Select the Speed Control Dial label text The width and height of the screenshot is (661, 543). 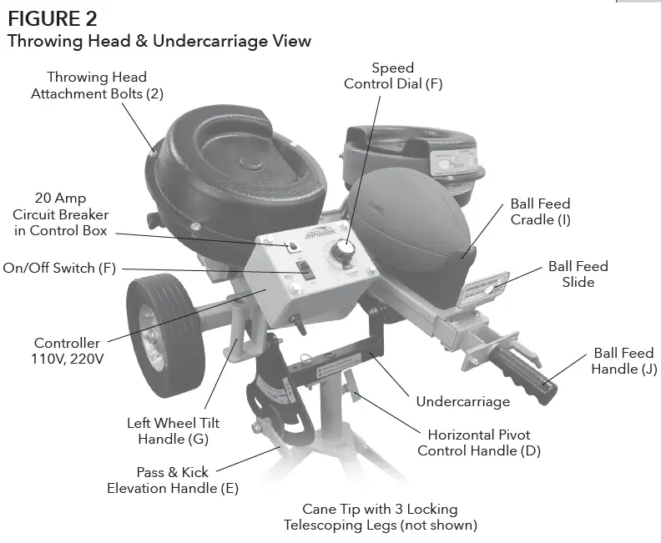tap(392, 76)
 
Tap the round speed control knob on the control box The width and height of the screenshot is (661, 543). tap(343, 251)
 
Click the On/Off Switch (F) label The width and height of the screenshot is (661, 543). tap(61, 269)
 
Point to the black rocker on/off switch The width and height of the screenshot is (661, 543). tap(306, 271)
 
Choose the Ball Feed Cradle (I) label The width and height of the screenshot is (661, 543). tap(540, 212)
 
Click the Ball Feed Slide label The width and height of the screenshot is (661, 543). tap(578, 274)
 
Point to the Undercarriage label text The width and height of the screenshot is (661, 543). tap(462, 401)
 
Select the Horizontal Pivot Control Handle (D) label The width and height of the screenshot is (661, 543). tap(479, 443)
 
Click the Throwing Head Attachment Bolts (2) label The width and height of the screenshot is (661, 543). tap(97, 85)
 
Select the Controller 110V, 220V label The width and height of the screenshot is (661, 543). tap(67, 351)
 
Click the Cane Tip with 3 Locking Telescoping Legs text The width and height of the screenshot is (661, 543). tap(380, 517)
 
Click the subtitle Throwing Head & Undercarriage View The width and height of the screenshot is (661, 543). tap(159, 41)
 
